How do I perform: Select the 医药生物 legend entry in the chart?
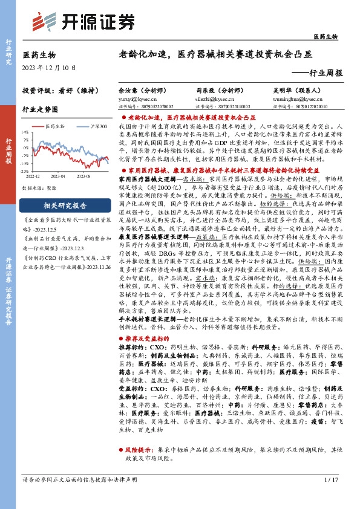pyautogui.click(x=56, y=126)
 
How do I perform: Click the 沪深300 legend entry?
pyautogui.click(x=93, y=126)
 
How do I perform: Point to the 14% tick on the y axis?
pyautogui.click(x=25, y=131)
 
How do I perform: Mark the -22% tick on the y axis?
pyautogui.click(x=25, y=171)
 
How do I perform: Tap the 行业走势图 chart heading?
pyautogui.click(x=40, y=110)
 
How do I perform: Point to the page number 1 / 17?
pyautogui.click(x=331, y=497)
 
